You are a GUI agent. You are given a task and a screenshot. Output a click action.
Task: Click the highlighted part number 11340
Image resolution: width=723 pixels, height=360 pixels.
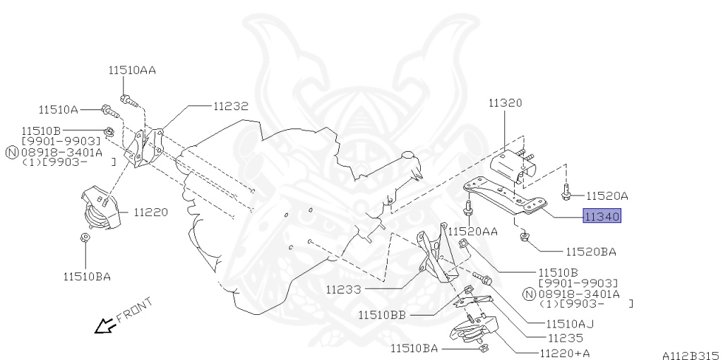tap(602, 216)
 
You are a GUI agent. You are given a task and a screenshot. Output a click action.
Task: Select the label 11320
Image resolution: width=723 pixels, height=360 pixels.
tap(506, 103)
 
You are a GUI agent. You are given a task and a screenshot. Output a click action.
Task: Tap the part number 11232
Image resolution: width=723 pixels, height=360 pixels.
tap(231, 106)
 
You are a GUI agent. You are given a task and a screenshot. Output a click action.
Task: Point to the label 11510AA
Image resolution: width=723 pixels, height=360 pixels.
tap(132, 71)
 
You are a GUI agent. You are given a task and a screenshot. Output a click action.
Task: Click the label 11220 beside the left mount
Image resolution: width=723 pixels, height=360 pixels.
tap(151, 212)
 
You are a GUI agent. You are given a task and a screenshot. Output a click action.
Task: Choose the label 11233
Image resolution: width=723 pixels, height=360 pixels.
tap(344, 290)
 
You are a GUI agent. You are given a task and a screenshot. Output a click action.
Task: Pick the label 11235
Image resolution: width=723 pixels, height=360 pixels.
tap(566, 338)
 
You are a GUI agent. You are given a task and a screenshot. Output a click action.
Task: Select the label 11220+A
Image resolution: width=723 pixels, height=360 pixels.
tap(565, 353)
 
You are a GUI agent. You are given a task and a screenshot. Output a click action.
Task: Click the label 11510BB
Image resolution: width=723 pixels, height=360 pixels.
tap(382, 316)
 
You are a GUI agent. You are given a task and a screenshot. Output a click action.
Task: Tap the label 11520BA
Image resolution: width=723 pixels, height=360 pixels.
tap(591, 252)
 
